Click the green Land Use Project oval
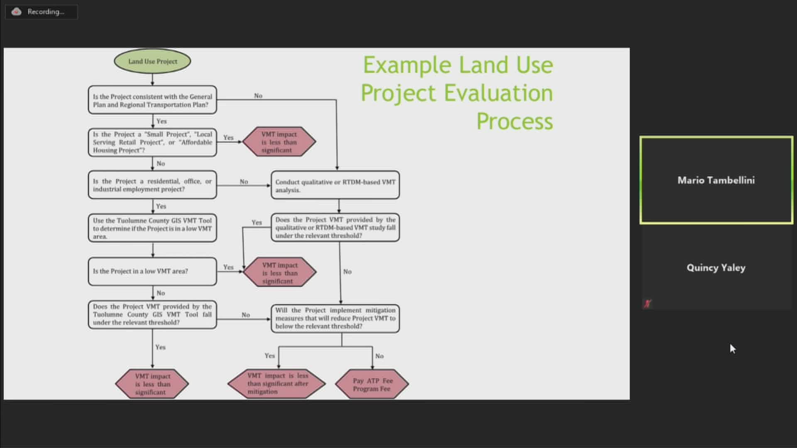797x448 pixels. [x=152, y=61]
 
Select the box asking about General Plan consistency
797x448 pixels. [x=152, y=100]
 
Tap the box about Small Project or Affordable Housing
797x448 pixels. [x=152, y=142]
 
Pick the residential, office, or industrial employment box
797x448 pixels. [x=152, y=185]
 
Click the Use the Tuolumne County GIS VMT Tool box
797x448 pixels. [x=152, y=228]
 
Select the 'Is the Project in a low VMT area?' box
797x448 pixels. [x=152, y=271]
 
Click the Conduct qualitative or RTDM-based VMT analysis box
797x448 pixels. [x=335, y=185]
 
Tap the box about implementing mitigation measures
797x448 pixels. [x=335, y=318]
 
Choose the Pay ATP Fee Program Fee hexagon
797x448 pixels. [x=372, y=385]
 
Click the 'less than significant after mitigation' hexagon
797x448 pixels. [x=277, y=384]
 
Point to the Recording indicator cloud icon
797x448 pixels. [x=17, y=12]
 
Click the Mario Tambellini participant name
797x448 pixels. [x=716, y=180]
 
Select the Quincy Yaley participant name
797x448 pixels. [x=716, y=268]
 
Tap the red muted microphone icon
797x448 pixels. [x=647, y=304]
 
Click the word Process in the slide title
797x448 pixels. [x=514, y=121]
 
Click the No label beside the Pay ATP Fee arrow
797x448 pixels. [x=379, y=356]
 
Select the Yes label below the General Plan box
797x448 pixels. [x=161, y=121]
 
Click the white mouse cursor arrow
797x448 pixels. [x=732, y=348]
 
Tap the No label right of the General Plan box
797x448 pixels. [x=258, y=96]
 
